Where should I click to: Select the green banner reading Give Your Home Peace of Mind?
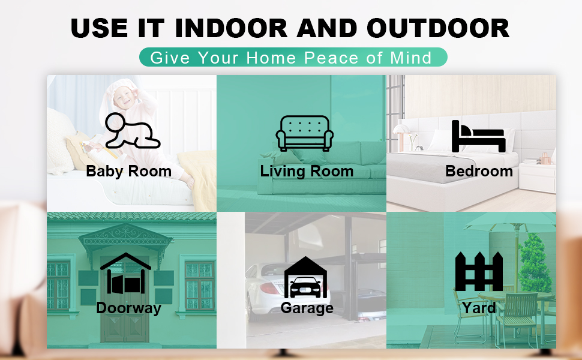tap(293, 58)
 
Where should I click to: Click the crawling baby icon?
tap(131, 130)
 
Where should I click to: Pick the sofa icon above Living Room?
tap(305, 133)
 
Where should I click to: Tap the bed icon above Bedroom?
tap(479, 136)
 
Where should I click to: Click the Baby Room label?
tap(129, 172)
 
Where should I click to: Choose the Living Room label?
tap(307, 172)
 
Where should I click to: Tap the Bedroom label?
tap(479, 172)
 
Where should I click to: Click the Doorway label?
tap(128, 308)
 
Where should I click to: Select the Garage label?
tap(307, 308)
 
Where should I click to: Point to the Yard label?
tap(479, 308)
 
